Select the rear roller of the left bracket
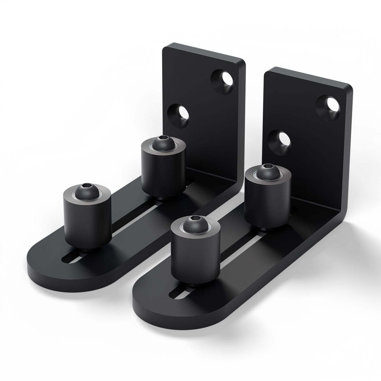[163, 169]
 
